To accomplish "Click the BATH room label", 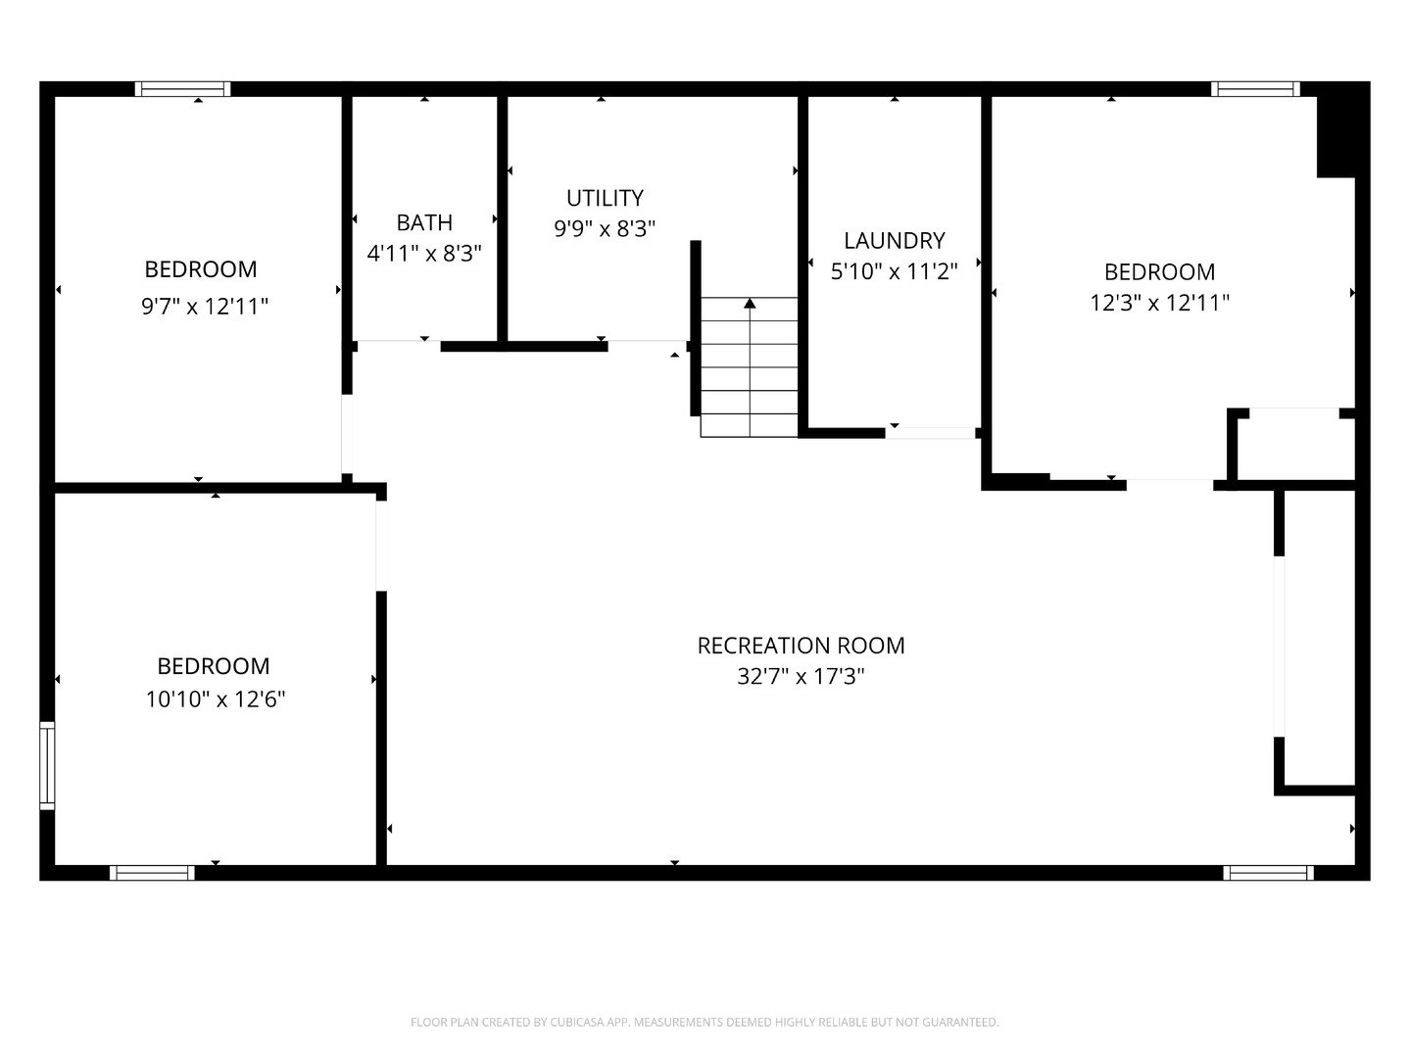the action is click(424, 222).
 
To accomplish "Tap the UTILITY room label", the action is click(605, 198).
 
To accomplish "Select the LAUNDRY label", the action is click(894, 241).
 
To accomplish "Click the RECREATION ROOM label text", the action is click(801, 646).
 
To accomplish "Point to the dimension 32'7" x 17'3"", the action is click(801, 677).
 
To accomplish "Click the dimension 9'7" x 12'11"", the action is click(204, 307).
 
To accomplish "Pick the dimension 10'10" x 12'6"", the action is click(216, 698).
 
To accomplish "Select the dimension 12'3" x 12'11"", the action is click(1159, 303).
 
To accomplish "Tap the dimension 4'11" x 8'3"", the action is click(424, 254).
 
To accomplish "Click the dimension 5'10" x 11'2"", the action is click(894, 271).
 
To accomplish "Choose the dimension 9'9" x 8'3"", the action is click(605, 228).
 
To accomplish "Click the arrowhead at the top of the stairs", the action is click(750, 303).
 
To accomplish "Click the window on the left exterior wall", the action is click(47, 765).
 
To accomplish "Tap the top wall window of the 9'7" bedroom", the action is click(182, 88).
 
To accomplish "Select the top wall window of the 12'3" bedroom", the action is click(1255, 88).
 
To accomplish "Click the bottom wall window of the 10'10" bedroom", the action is click(152, 873).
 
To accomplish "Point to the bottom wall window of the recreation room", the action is click(1268, 873).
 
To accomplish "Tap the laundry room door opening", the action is click(930, 433).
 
